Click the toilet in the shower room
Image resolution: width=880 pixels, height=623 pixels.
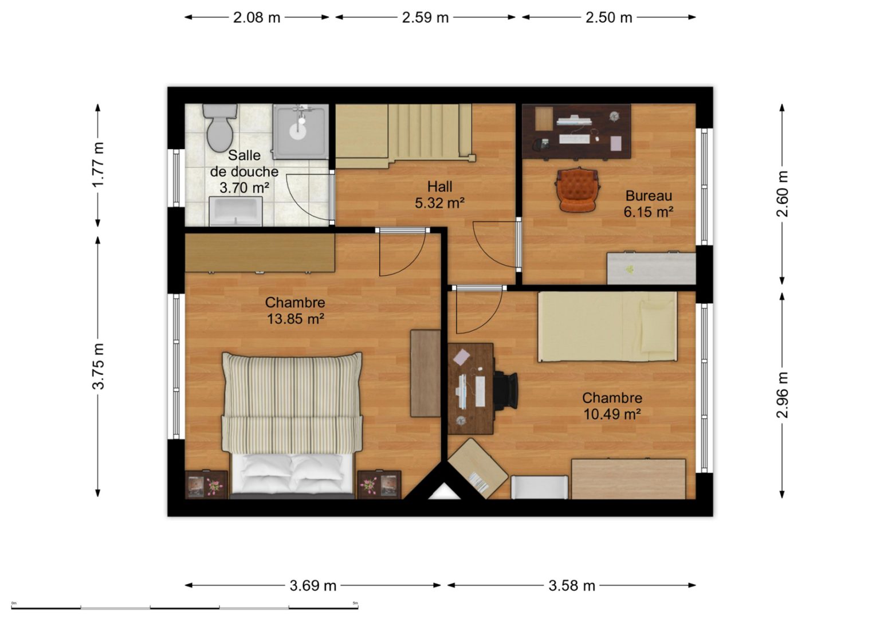click(219, 127)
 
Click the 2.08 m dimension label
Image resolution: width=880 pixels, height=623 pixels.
click(257, 18)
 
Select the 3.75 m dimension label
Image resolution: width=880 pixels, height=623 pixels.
click(98, 366)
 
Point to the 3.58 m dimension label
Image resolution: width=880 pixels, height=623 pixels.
click(572, 586)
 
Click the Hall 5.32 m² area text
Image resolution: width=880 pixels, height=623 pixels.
click(439, 194)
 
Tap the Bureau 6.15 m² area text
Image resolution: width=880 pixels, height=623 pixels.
click(649, 203)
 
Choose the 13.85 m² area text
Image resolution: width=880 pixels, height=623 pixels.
click(296, 319)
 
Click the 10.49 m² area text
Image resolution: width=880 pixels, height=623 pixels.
click(612, 414)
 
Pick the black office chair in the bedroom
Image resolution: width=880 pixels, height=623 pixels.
click(506, 391)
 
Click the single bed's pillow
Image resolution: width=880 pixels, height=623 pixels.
click(657, 326)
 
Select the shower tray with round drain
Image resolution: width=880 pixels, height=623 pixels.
click(301, 131)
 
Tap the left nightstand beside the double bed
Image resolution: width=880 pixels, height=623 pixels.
click(206, 485)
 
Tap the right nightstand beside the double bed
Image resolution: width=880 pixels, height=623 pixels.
click(379, 485)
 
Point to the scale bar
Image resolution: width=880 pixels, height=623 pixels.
click(184, 608)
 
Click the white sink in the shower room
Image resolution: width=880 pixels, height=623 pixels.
click(235, 211)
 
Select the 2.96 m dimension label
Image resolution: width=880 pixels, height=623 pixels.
click(783, 395)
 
